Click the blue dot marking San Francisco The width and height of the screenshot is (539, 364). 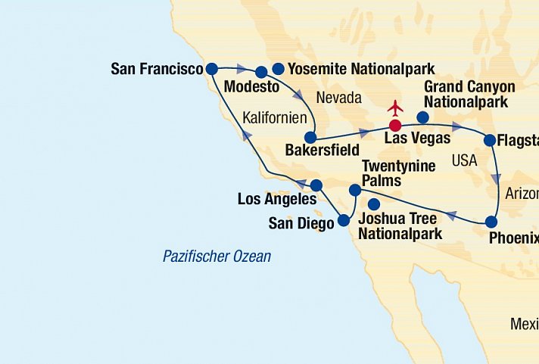[x=212, y=69]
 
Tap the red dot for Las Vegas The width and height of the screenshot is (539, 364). [x=394, y=125]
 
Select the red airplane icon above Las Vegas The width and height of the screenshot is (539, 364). [x=394, y=108]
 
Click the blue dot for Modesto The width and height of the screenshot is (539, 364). [x=261, y=73]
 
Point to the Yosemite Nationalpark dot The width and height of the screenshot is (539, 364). [x=278, y=69]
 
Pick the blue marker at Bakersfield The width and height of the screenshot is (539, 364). [x=310, y=138]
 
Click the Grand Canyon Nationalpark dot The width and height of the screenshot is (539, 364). [x=423, y=117]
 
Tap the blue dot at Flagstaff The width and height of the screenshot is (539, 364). [x=490, y=140]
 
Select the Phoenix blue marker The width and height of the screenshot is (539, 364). [x=491, y=222]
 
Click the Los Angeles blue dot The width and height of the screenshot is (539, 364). [x=316, y=185]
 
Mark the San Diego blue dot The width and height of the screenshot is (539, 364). [x=343, y=220]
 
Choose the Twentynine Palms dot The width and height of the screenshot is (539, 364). [x=354, y=190]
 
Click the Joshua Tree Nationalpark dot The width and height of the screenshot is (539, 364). [x=373, y=204]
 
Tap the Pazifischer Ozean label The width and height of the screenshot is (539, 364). [x=217, y=257]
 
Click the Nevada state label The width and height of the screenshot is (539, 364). [x=339, y=98]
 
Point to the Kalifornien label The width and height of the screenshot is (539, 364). [x=275, y=118]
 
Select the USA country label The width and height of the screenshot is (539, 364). [x=464, y=160]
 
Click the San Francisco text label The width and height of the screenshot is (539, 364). [x=157, y=69]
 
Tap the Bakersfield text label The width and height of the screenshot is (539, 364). [x=323, y=151]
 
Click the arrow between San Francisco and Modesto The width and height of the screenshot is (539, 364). [x=241, y=68]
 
